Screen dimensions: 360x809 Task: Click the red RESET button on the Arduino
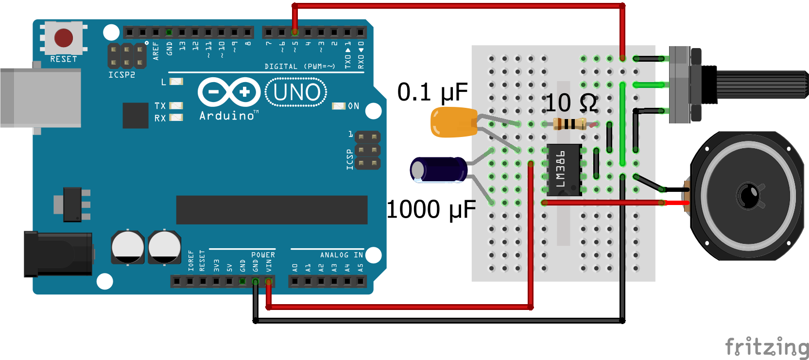click(x=64, y=37)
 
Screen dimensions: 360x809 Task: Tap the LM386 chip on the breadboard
click(x=564, y=170)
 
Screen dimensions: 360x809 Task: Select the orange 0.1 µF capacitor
click(x=453, y=122)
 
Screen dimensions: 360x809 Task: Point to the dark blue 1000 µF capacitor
click(x=439, y=170)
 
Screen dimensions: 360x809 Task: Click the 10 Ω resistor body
click(x=570, y=124)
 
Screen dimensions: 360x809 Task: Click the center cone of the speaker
click(x=748, y=195)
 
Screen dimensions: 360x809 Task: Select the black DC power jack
click(x=58, y=254)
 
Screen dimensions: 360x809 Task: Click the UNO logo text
click(x=296, y=92)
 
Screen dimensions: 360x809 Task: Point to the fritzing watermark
click(x=767, y=347)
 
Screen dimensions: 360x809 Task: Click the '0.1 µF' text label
click(x=432, y=92)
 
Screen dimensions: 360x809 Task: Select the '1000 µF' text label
click(x=431, y=210)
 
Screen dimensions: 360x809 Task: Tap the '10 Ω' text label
click(x=571, y=103)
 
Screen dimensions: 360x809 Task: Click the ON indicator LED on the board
click(x=339, y=106)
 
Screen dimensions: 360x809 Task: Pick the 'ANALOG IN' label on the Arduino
click(x=341, y=255)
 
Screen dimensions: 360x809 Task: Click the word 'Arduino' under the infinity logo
click(x=226, y=116)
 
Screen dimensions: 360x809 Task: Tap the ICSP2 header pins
click(x=127, y=56)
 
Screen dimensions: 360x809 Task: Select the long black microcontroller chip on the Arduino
click(x=272, y=210)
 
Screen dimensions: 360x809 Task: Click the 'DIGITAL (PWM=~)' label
click(x=299, y=67)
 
